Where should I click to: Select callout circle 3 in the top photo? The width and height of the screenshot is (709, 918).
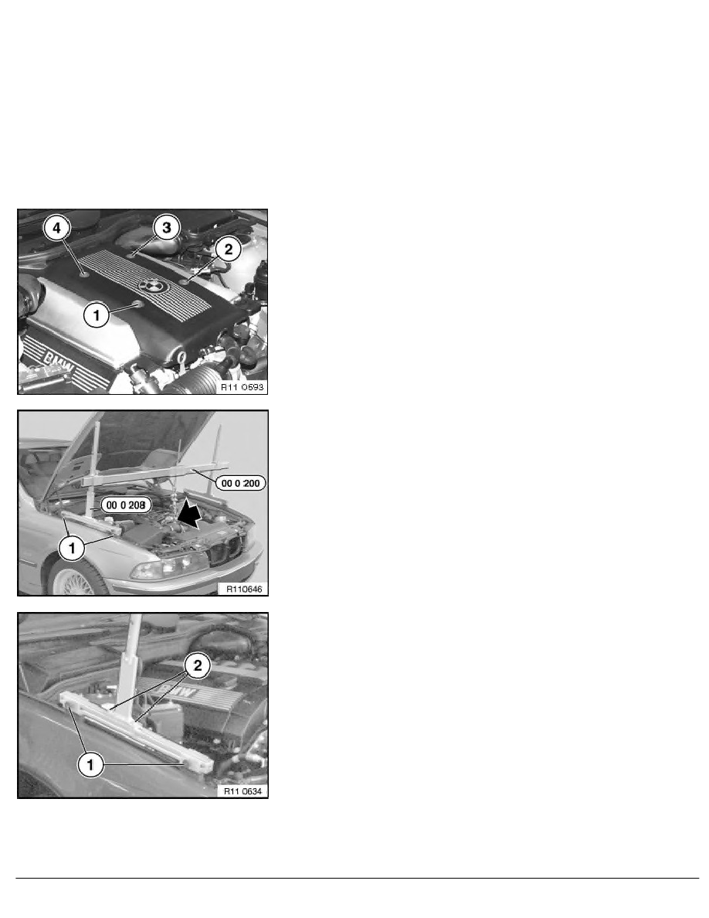pos(166,226)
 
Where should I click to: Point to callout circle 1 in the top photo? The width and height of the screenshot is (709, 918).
pos(97,314)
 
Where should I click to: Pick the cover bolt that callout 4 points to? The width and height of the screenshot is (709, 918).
pos(82,271)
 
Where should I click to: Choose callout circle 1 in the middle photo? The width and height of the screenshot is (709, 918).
pos(71,550)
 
